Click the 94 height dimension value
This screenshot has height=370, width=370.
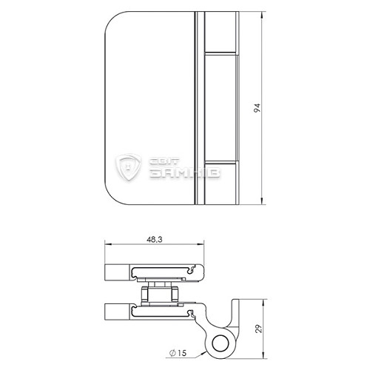tap(257, 108)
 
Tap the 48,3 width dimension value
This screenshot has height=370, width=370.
tap(155, 240)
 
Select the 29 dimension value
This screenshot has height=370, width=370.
tap(259, 329)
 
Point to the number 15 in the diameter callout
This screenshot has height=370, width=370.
tap(182, 353)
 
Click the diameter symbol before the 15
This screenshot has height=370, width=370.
tap(172, 353)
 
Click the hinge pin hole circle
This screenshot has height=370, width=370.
tap(220, 343)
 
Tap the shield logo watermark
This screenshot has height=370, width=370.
tap(129, 167)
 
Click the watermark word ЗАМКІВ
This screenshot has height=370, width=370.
tap(184, 173)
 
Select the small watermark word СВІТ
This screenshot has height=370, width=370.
tap(164, 161)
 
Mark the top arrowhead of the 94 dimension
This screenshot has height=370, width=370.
tap(262, 15)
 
